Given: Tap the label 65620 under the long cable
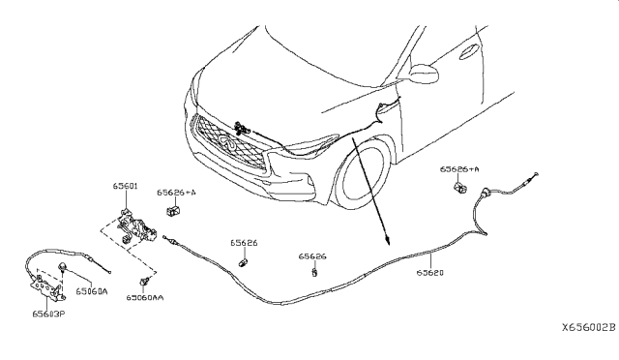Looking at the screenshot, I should pyautogui.click(x=430, y=273).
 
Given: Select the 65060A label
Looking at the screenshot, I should pyautogui.click(x=92, y=290).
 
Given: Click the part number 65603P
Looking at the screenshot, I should pyautogui.click(x=47, y=314).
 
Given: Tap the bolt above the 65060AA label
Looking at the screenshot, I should pyautogui.click(x=145, y=281).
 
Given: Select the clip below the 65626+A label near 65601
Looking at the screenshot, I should pyautogui.click(x=173, y=209).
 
